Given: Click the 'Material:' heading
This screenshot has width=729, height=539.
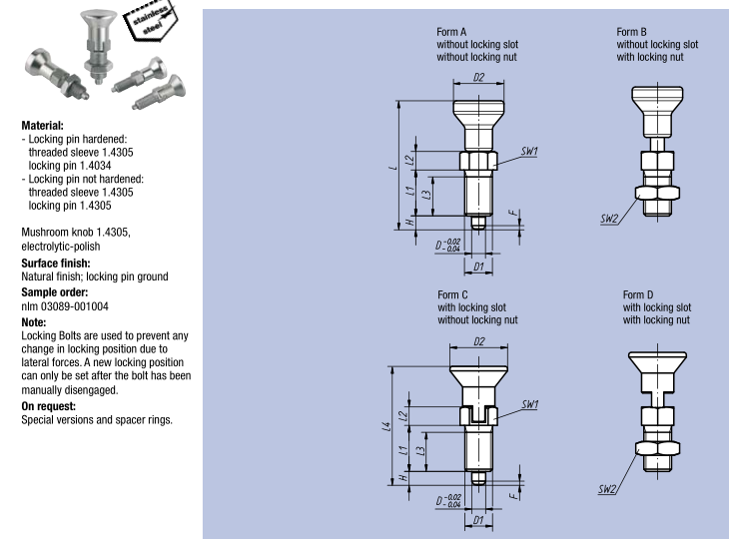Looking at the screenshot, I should tap(36, 127).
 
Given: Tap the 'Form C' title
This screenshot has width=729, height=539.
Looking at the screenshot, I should tap(454, 295).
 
